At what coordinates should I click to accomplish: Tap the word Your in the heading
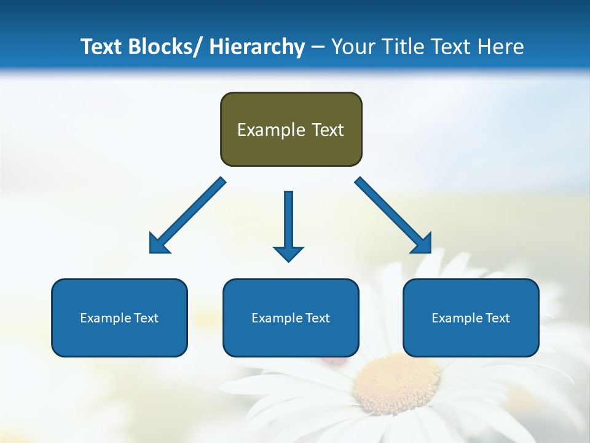coord(353,47)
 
